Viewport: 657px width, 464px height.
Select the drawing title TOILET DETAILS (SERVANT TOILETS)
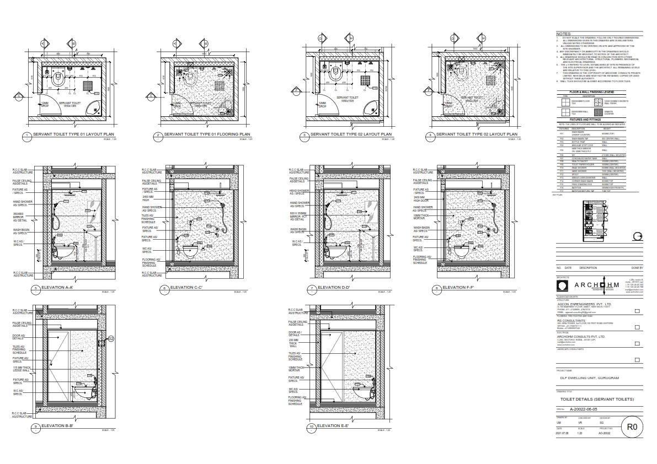pyautogui.click(x=597, y=399)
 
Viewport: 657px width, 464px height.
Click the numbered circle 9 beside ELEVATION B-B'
pyautogui.click(x=36, y=427)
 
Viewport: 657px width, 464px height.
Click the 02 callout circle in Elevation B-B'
pyautogui.click(x=110, y=339)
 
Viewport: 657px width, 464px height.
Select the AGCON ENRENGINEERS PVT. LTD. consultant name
pyautogui.click(x=584, y=304)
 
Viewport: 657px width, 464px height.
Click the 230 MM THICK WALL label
pyautogui.click(x=294, y=343)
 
